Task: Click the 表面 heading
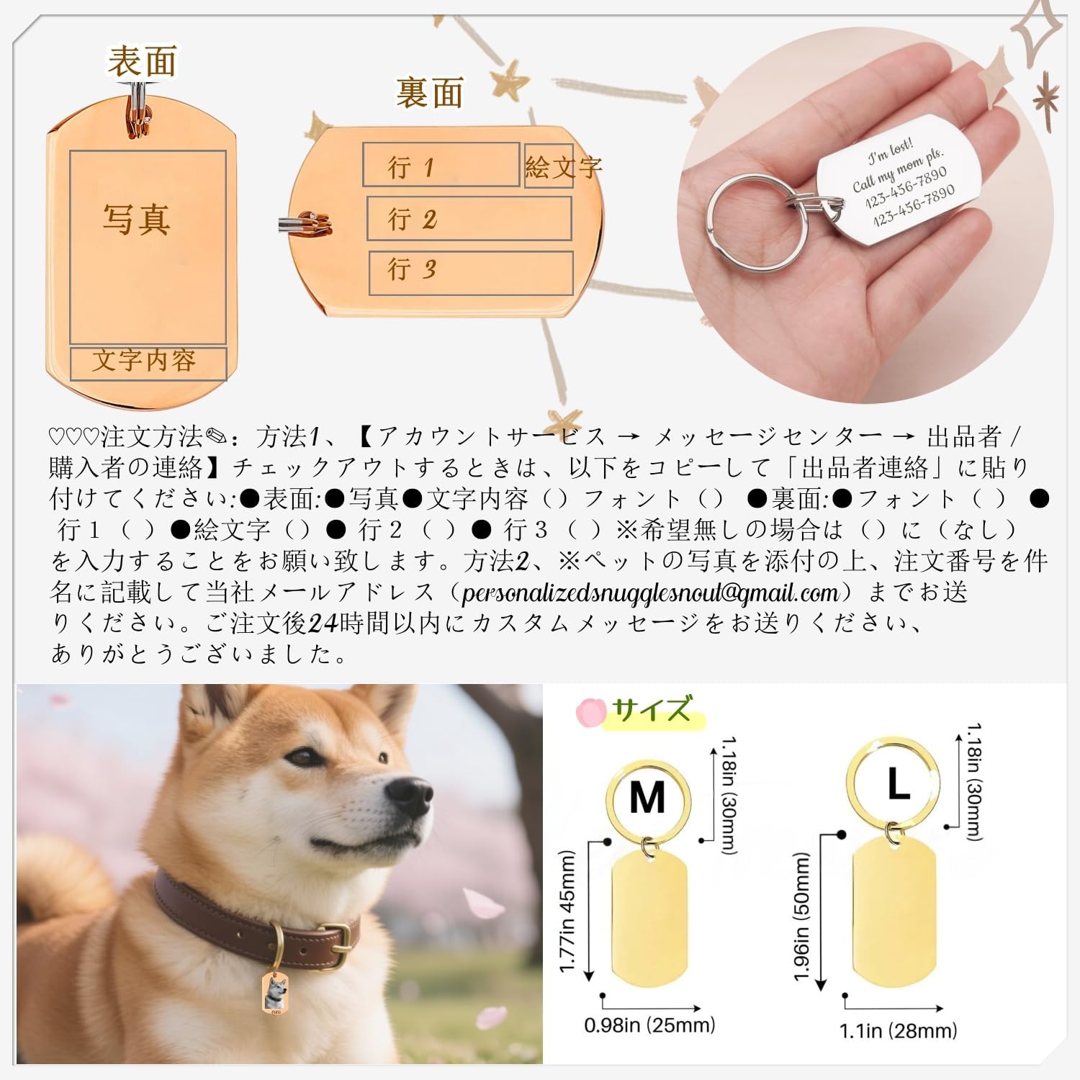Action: (142, 61)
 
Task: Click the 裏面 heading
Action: (429, 94)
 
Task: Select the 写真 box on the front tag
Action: (148, 246)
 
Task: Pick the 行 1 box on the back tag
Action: (440, 165)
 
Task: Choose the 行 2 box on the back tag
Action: (469, 218)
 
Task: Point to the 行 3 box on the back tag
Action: (470, 272)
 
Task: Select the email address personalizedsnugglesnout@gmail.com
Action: (650, 593)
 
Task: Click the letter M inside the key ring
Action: (647, 798)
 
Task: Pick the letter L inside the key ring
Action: (897, 784)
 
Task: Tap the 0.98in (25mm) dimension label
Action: (649, 1025)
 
